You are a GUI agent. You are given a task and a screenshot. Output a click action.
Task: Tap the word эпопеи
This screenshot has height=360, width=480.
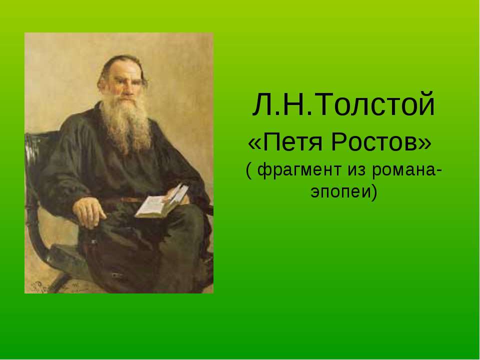click(340, 191)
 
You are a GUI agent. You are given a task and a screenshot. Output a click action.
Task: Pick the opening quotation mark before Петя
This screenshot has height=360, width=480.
click(254, 144)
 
